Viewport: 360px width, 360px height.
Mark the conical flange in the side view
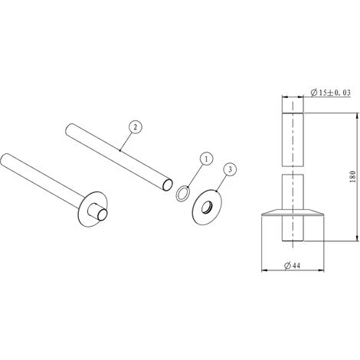[291, 213]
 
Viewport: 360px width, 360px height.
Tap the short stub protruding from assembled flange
[98, 213]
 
